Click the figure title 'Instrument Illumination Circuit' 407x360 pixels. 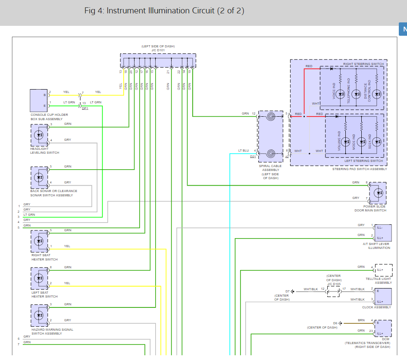pos(164,11)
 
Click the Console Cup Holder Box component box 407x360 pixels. pos(39,100)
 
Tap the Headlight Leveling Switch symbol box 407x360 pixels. pos(39,135)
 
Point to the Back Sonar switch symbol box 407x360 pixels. pos(39,177)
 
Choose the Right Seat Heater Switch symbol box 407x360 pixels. pos(39,241)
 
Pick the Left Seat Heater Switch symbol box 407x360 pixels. pos(39,278)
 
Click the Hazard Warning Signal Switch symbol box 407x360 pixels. pos(39,315)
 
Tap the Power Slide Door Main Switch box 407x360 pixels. pos(378,193)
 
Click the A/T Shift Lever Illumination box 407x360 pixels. pos(383,233)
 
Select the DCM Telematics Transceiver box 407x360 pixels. pos(383,328)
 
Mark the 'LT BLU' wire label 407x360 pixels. pos(244,151)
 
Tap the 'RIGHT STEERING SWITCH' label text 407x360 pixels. pos(363,64)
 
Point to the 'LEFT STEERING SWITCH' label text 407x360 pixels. pos(363,161)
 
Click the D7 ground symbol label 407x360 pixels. pos(288,292)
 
